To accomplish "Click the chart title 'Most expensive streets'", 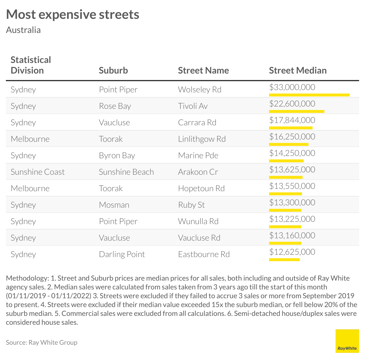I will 72,14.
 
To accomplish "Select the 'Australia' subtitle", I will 23,30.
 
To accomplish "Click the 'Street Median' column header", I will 298,70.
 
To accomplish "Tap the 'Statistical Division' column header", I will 31,65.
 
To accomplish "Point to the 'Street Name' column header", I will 203,70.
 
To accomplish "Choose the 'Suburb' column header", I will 113,70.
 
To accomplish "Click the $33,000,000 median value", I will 292,87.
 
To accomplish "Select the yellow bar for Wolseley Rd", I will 309,95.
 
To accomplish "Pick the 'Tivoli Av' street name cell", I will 193,106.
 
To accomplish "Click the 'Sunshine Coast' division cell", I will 37,172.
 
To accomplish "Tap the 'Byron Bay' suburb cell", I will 117,155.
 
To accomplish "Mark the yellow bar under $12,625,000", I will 284,260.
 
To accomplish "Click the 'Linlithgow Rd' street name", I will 202,139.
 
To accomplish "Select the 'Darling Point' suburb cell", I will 122,254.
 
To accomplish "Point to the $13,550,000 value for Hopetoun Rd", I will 292,186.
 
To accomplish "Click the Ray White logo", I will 347,341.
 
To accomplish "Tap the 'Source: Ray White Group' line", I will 42,342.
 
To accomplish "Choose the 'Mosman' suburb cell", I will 114,205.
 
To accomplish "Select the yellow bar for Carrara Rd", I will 291,128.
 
